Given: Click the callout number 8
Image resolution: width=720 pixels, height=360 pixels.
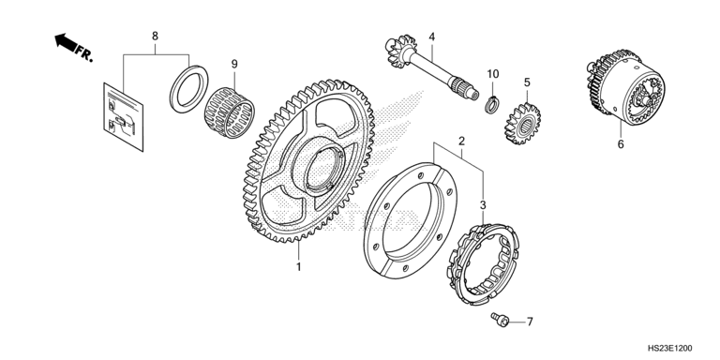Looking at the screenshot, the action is point(155,36).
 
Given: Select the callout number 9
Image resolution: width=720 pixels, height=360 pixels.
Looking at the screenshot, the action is point(234,64).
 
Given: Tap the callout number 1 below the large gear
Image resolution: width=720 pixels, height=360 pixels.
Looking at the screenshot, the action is point(298,267).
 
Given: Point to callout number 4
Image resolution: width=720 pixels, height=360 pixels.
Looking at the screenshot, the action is point(431,37).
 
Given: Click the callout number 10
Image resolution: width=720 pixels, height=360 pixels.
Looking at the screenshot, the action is point(493,74).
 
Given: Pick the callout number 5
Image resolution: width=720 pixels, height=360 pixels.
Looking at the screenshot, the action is point(527,82).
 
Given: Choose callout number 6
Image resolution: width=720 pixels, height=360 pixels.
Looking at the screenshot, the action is point(621,144).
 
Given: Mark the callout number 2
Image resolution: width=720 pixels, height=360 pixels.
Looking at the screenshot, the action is point(461,141).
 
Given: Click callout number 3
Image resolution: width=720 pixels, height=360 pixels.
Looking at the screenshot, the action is point(483,205).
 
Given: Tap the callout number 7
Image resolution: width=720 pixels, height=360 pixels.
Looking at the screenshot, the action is point(530,322).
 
